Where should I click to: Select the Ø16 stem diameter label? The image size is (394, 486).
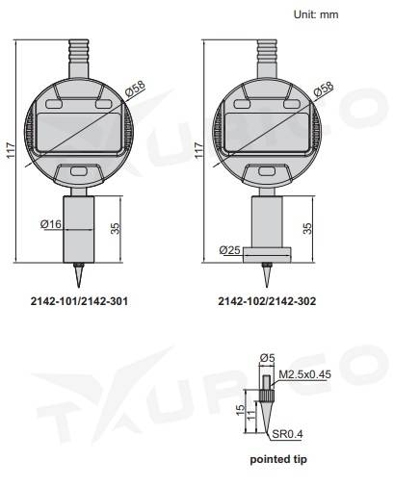52,223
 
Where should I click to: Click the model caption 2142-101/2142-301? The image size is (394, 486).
79,300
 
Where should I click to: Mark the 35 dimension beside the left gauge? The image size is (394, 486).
118,229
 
